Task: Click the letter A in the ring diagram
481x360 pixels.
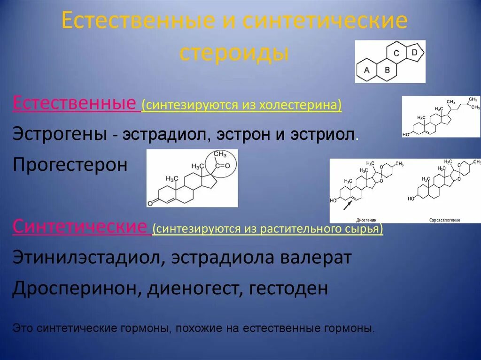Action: tap(367, 70)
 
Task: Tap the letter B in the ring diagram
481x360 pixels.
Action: tap(387, 70)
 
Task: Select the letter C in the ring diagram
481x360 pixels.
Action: tap(396, 54)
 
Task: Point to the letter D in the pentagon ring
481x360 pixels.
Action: tap(414, 53)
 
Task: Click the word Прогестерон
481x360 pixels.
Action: tap(70, 165)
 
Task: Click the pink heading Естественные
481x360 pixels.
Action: tap(74, 103)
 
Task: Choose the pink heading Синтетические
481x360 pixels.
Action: tap(80, 228)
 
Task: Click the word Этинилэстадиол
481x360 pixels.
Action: tap(87, 258)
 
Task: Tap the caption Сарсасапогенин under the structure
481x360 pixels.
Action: tap(444, 219)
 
